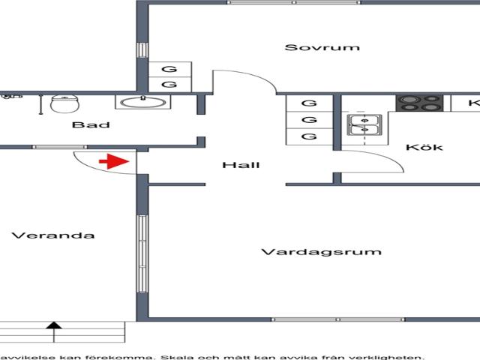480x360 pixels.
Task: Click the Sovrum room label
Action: coord(322,47)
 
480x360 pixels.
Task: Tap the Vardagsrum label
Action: coord(322,252)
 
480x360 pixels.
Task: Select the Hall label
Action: coord(241,165)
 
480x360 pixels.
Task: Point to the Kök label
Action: coord(424,147)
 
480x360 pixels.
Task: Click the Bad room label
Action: coord(91,124)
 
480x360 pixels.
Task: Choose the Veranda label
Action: coord(53,235)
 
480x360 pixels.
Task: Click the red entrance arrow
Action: coord(114,162)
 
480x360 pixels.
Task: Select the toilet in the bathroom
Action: coord(64,103)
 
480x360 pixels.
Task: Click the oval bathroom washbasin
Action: coord(142,103)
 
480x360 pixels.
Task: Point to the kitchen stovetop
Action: coord(419,103)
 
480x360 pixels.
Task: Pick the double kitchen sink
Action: coord(364,125)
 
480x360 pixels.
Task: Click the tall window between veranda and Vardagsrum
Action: coord(142,253)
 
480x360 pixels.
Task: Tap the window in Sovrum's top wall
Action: coord(294,2)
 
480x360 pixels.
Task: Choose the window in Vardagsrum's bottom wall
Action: coord(338,319)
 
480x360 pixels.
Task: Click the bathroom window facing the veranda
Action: coord(60,147)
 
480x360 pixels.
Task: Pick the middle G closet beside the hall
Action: coord(309,120)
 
